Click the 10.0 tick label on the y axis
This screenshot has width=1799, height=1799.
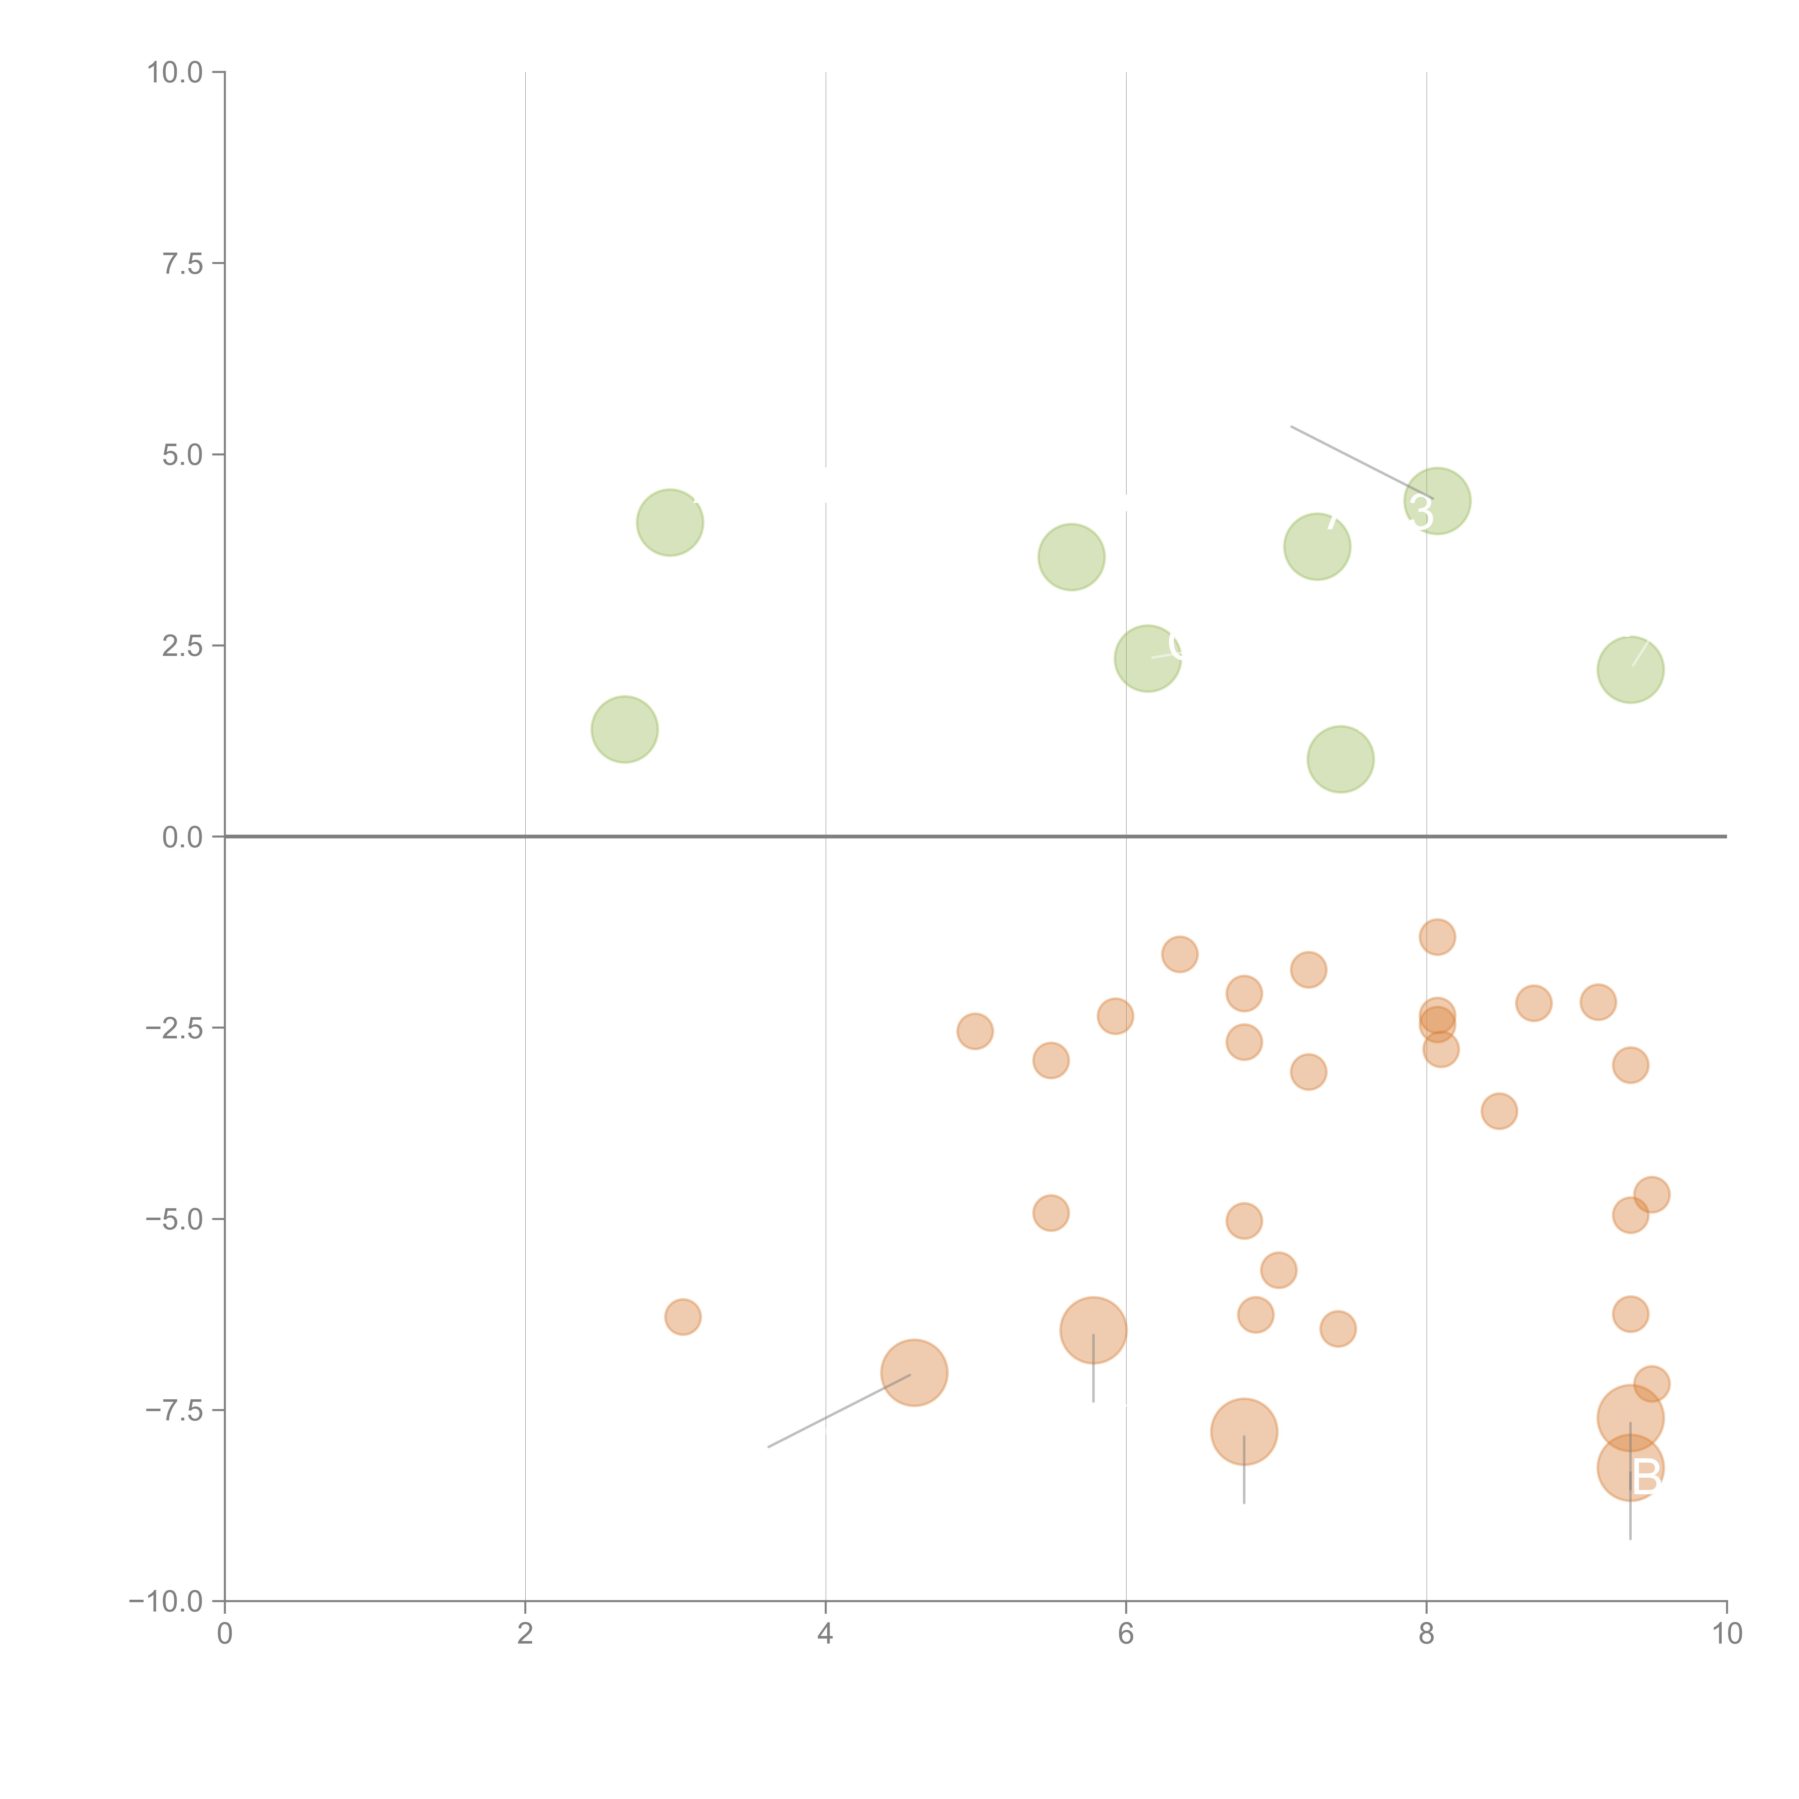tap(175, 73)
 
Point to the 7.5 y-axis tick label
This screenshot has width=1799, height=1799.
tap(182, 263)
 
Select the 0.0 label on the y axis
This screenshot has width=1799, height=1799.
tap(182, 837)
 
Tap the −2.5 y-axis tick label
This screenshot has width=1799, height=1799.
tap(175, 1028)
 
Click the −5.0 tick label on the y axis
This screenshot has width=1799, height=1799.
tap(175, 1219)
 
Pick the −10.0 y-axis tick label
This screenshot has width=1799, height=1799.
tap(168, 1601)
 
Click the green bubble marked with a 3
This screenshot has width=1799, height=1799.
tap(1437, 501)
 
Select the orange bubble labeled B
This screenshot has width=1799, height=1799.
tap(1631, 1468)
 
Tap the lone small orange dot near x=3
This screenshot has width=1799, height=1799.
tap(683, 1317)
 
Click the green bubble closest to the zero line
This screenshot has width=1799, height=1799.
tap(1340, 759)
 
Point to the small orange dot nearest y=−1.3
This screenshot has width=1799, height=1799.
tap(1437, 937)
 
